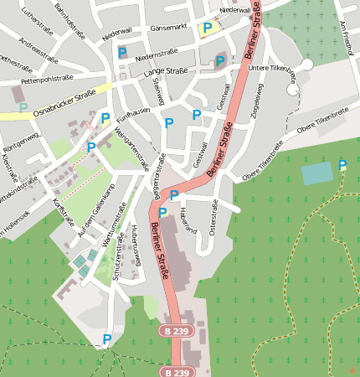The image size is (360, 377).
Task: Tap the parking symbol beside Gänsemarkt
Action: click(x=207, y=28)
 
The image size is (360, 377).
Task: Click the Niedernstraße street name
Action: click(x=152, y=56)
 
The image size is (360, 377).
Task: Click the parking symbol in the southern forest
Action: click(x=106, y=339)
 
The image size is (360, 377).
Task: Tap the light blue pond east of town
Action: click(x=316, y=173)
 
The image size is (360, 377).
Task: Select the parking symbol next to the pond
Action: click(x=342, y=166)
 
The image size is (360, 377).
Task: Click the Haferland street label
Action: click(x=187, y=220)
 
